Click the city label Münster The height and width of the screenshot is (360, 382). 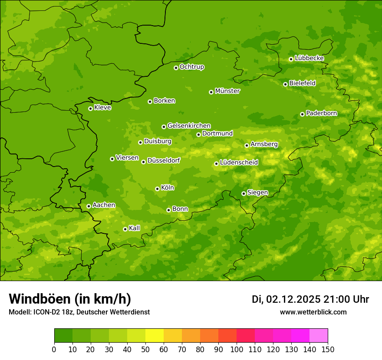(x=227, y=91)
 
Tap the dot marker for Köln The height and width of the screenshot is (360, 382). (x=157, y=189)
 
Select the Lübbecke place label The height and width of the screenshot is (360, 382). (x=309, y=58)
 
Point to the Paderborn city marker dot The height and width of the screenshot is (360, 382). (x=302, y=114)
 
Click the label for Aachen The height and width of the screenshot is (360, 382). (x=104, y=205)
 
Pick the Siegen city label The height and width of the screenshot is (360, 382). (x=257, y=193)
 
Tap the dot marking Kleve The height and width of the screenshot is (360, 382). (x=90, y=108)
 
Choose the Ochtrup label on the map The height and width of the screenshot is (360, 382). (x=191, y=67)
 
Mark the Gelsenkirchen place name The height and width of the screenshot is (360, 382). (x=189, y=126)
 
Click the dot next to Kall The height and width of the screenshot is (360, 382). (x=125, y=229)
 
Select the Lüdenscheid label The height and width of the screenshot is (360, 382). (x=239, y=163)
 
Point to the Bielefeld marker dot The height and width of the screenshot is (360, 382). (x=285, y=84)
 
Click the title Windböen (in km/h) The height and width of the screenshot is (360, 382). (x=70, y=299)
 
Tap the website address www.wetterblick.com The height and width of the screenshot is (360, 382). (x=313, y=312)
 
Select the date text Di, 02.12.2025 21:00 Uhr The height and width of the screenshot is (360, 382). (x=310, y=299)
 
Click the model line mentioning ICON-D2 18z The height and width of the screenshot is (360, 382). (x=79, y=312)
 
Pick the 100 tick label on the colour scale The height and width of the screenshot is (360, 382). (x=237, y=350)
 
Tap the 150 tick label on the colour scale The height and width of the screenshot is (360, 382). (x=328, y=350)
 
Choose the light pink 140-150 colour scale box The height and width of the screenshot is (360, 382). (x=319, y=336)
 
